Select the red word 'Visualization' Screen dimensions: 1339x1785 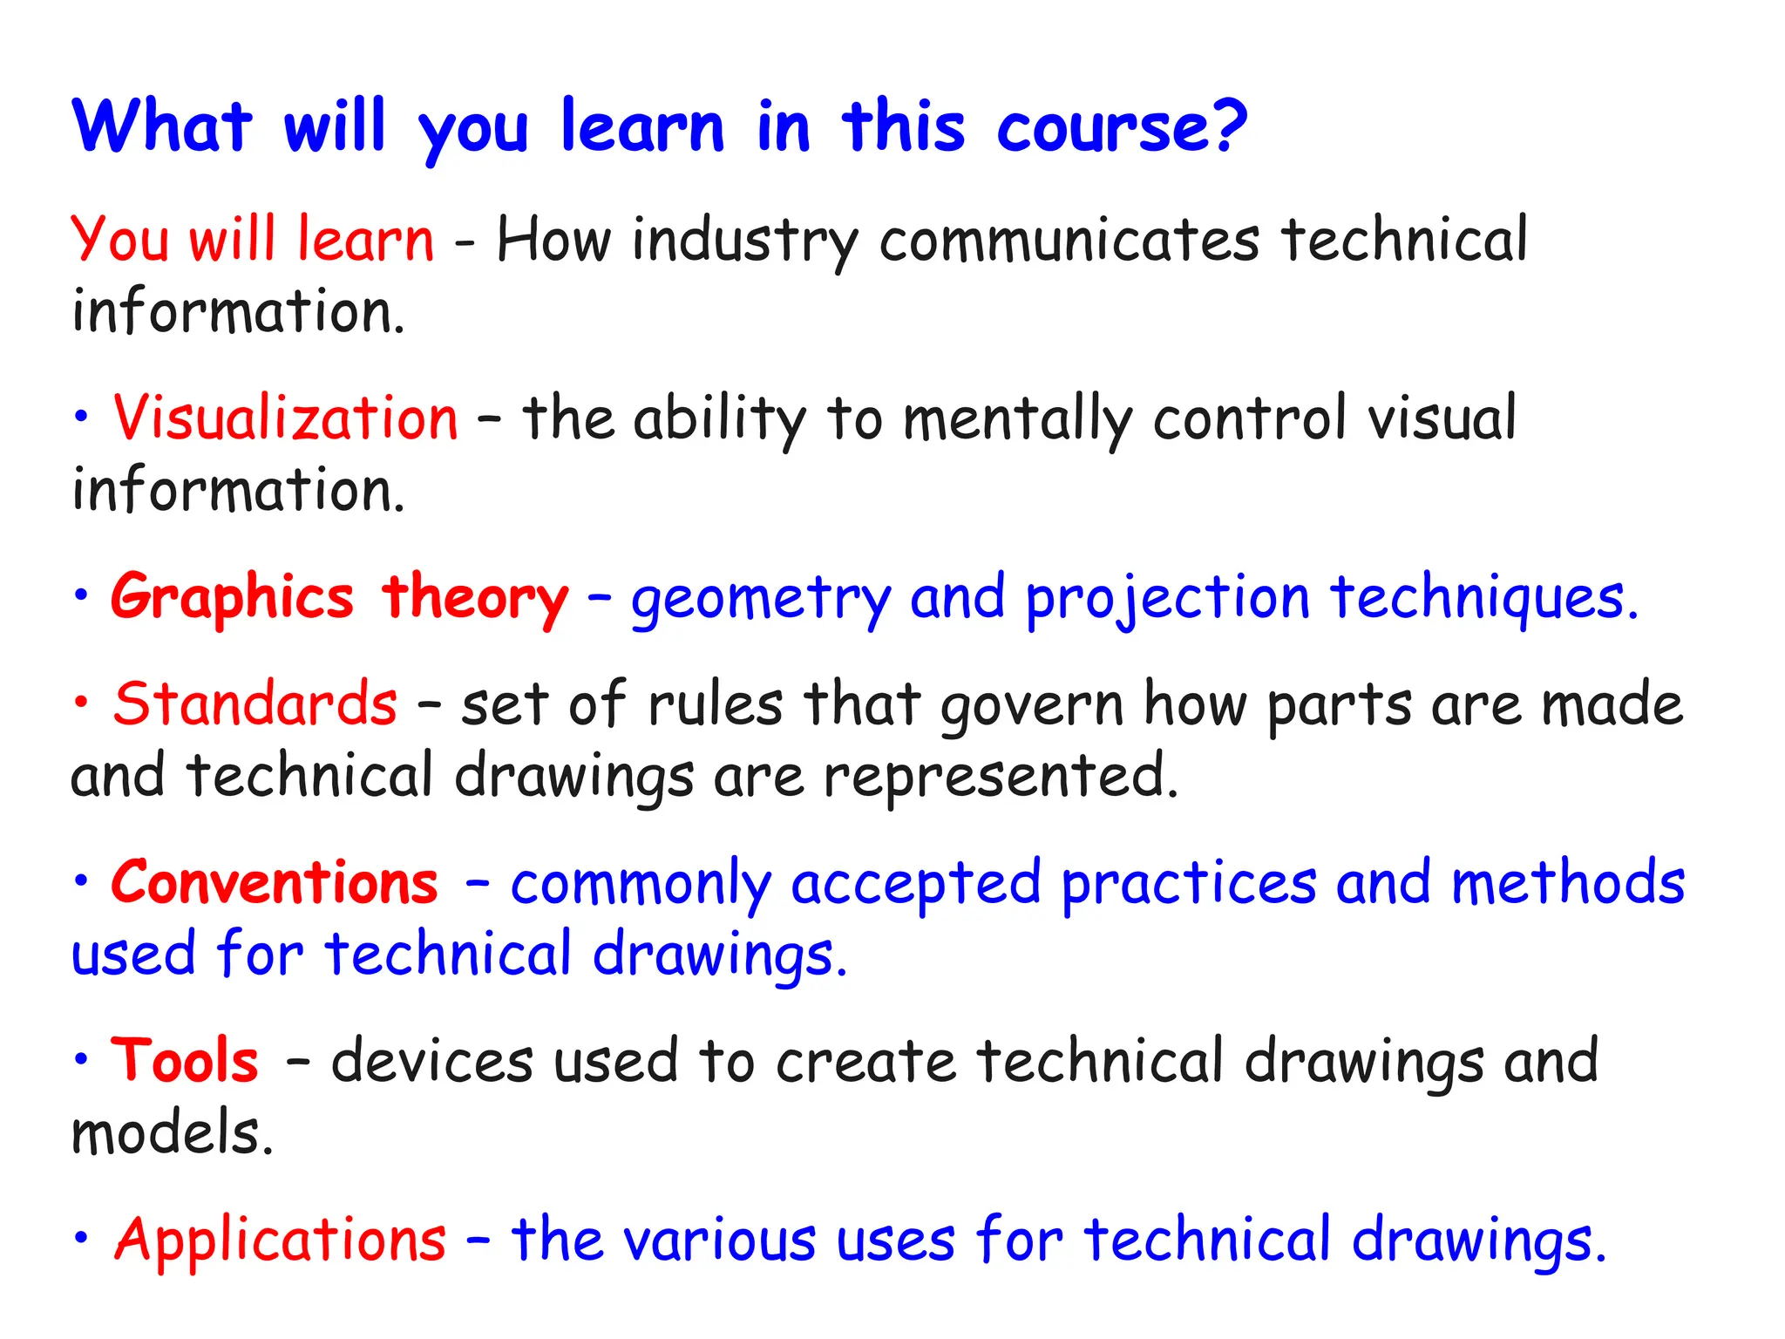[x=286, y=418]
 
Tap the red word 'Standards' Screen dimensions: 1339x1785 [x=255, y=703]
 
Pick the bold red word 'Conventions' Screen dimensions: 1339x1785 [x=275, y=882]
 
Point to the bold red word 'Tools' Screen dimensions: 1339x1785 [x=185, y=1061]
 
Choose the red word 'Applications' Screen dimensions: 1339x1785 [x=280, y=1239]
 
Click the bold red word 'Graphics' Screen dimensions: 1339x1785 [x=232, y=599]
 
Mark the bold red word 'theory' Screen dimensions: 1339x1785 [x=475, y=599]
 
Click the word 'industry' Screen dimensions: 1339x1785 [x=745, y=241]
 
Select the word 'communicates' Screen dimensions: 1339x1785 [x=1069, y=241]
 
